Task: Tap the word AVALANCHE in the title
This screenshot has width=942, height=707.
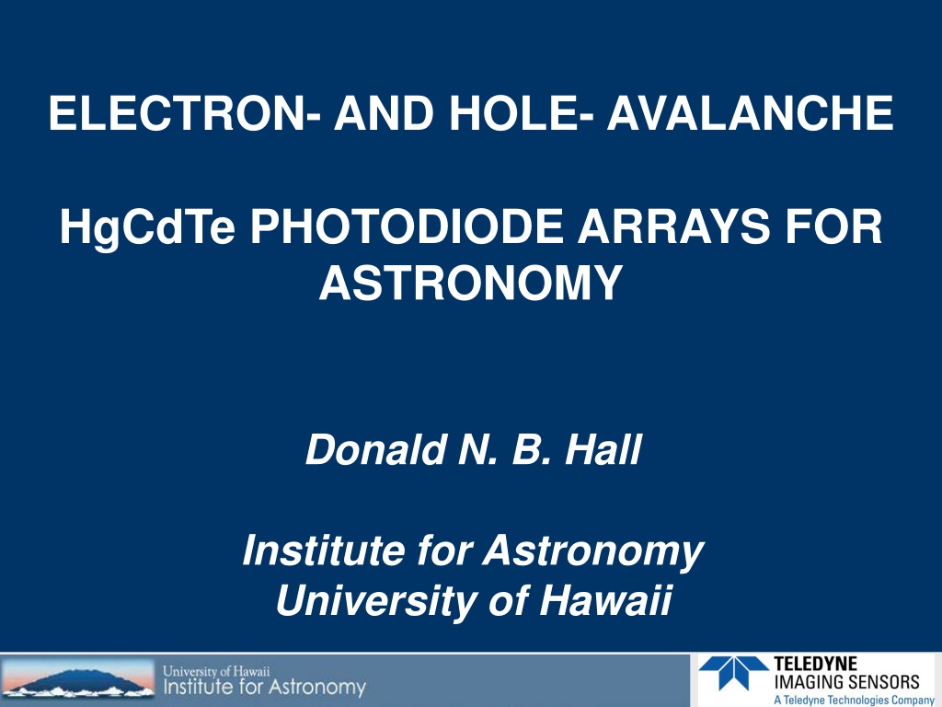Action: coord(751,112)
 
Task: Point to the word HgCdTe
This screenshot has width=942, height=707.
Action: coord(147,227)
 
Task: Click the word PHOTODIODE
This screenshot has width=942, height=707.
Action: coord(407,226)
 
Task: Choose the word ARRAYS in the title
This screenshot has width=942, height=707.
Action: coord(672,226)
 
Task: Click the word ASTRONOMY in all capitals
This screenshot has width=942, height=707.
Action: coord(471,283)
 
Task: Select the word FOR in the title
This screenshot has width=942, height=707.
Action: coord(833,226)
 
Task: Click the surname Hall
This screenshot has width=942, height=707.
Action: coord(603,449)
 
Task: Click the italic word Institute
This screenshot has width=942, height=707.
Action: coord(323,550)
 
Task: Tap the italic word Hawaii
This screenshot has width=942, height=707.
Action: coord(604,600)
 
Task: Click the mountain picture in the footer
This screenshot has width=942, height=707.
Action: coord(77,679)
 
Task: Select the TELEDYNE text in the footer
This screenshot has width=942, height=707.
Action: coord(815,664)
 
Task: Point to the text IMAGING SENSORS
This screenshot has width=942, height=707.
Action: coord(846,682)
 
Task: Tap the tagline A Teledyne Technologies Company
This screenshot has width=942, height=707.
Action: coord(854,700)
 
